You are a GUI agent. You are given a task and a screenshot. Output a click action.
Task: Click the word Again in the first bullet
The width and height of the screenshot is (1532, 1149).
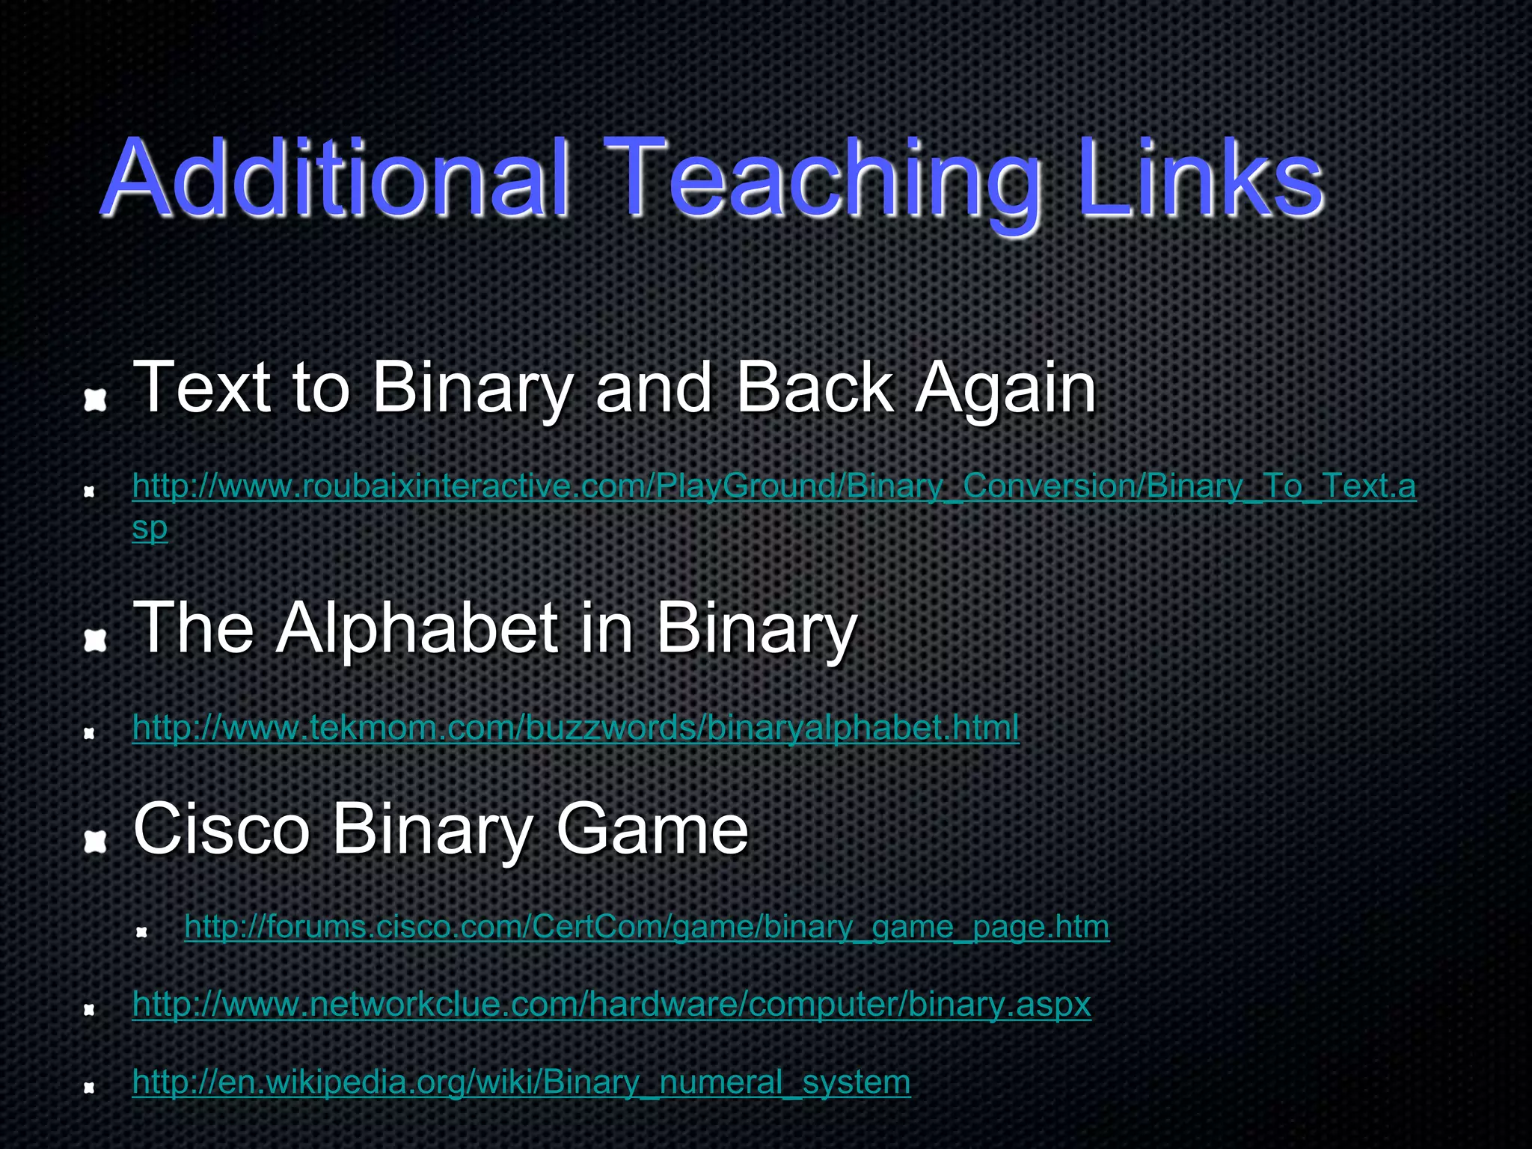click(x=1006, y=389)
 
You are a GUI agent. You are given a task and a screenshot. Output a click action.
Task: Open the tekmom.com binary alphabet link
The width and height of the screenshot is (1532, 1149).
click(x=575, y=727)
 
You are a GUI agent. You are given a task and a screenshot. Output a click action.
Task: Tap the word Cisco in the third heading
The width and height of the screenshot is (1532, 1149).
click(x=221, y=829)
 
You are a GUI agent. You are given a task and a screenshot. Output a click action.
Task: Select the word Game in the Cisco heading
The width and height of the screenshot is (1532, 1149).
click(x=652, y=829)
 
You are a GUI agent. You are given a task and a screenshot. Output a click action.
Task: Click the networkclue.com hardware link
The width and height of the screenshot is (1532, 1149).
click(x=611, y=1005)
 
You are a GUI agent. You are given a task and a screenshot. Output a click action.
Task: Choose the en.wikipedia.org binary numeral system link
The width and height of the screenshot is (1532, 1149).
click(x=521, y=1082)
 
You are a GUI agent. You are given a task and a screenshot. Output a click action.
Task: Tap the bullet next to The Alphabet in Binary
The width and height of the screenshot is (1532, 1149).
click(x=95, y=640)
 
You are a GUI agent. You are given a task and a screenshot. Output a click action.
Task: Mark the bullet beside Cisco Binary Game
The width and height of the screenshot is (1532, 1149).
click(x=95, y=842)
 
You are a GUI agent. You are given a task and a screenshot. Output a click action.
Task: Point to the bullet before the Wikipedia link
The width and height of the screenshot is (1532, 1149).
click(x=89, y=1088)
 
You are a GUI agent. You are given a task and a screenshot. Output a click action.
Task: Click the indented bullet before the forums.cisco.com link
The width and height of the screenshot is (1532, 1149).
click(x=141, y=933)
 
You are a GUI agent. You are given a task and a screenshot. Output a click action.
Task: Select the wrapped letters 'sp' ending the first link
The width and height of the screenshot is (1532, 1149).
click(x=150, y=528)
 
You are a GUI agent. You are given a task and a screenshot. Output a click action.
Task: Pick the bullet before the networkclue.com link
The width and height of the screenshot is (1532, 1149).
click(x=89, y=1011)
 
